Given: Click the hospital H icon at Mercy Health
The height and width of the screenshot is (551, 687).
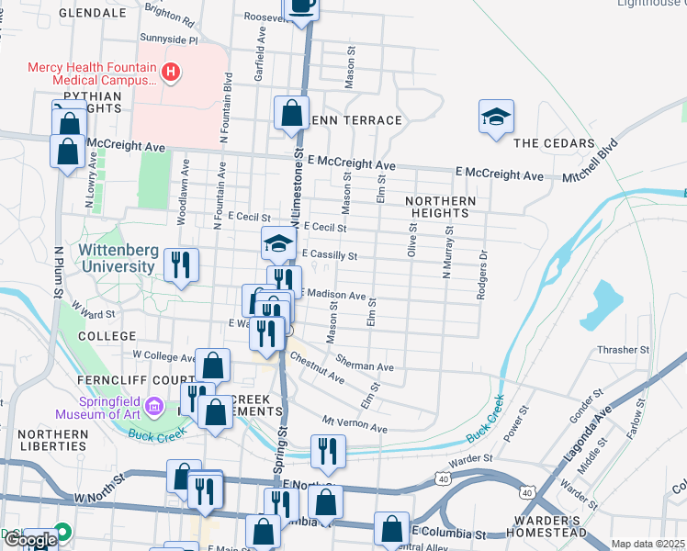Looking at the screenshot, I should coord(169,72).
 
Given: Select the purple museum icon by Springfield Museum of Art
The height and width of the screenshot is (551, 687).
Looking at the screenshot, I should coord(153,405).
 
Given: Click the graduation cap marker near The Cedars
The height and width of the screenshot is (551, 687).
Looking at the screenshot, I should coord(496,118).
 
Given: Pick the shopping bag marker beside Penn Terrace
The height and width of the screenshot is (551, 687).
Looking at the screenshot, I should coord(291,114).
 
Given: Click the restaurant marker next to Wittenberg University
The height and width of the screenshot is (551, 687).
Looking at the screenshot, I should coord(181,265).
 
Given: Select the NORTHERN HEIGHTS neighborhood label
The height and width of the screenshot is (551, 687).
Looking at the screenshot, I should coord(441,207).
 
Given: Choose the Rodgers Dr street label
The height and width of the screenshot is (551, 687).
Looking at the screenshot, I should coord(480,275).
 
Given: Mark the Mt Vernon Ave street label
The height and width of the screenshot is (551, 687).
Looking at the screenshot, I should coord(354,424).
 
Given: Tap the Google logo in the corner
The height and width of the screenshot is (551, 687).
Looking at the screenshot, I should coord(29,540).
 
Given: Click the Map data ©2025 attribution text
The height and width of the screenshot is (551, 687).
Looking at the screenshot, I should coord(648,544).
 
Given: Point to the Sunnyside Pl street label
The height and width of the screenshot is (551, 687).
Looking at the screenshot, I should coord(168,40).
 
